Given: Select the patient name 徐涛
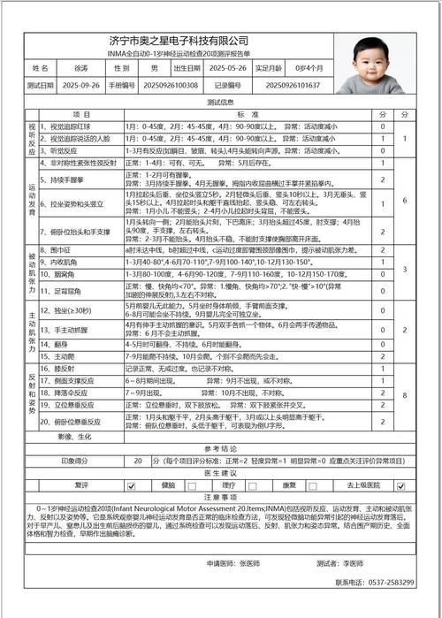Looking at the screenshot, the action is point(81,68).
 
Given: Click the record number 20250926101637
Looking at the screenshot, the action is point(292,86).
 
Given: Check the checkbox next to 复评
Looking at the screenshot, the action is point(131,484).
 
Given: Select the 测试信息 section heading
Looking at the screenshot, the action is point(219,102).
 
